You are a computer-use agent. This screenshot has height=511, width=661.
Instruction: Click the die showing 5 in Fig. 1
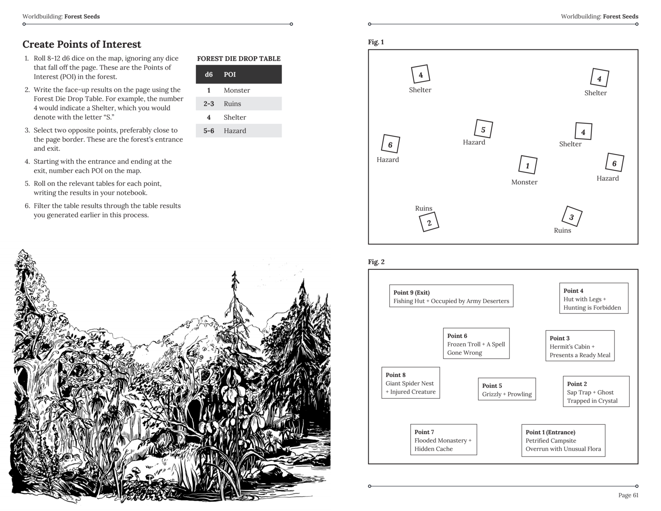(483, 129)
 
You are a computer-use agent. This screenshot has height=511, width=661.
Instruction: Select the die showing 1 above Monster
(528, 165)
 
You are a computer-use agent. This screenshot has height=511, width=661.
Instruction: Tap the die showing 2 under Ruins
(429, 222)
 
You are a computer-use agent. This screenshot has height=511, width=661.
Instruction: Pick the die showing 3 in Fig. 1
(572, 217)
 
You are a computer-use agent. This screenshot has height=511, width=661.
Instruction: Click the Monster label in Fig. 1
(524, 182)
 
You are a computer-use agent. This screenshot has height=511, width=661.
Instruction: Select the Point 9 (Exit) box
(451, 296)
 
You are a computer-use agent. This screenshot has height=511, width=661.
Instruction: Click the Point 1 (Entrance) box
(563, 440)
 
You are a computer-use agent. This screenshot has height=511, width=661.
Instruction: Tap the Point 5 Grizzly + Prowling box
(507, 390)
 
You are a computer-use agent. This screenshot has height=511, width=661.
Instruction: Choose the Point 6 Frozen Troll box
(476, 343)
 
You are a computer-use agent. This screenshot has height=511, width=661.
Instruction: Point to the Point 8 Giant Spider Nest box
(411, 383)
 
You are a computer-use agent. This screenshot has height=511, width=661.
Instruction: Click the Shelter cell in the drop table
(235, 117)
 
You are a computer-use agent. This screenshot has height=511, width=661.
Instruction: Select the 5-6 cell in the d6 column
(209, 131)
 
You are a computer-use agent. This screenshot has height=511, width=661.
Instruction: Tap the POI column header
(230, 75)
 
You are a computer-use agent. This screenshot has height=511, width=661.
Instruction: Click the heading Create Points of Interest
(82, 44)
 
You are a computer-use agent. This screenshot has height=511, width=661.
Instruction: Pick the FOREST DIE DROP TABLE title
(239, 59)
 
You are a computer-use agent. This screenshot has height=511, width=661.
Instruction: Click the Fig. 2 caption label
(376, 262)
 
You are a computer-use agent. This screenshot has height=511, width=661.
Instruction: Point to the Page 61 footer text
(628, 495)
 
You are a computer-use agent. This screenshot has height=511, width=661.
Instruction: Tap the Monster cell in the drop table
(237, 90)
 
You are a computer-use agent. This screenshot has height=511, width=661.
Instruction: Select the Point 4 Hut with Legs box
(593, 299)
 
